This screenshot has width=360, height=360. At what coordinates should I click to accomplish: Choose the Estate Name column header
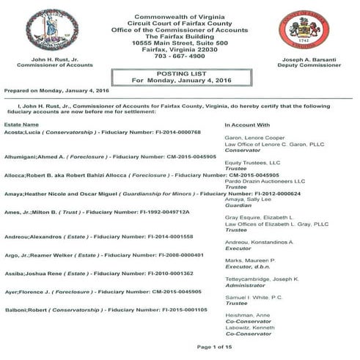pyautogui.click(x=22, y=125)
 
